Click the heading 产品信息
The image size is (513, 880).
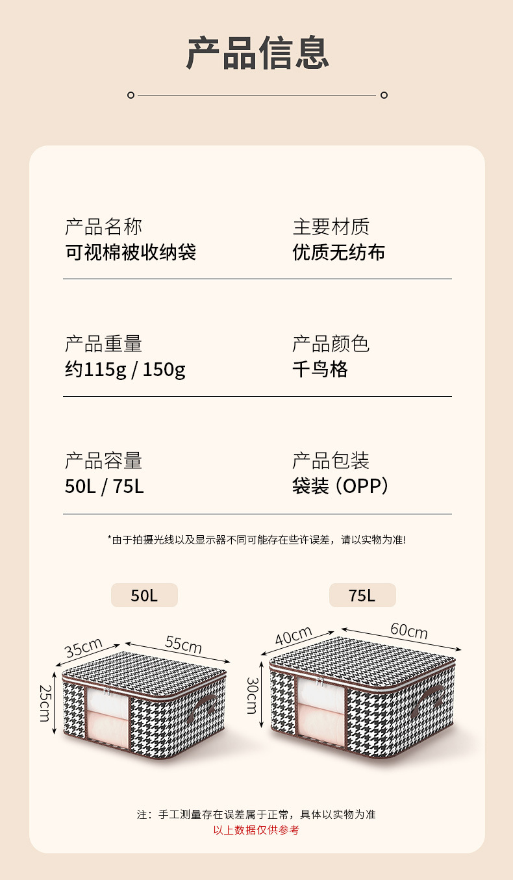coord(258,53)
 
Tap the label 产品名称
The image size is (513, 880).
coord(103,227)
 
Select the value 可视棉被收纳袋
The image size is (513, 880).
coord(131,252)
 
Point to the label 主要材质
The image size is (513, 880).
coord(331,227)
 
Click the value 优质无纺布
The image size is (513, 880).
coord(338,252)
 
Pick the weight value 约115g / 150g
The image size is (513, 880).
coord(125,370)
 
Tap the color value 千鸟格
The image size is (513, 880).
coord(320,369)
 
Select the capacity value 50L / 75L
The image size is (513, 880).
coord(104,486)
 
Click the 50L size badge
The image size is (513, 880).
coord(144,595)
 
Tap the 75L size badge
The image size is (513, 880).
coord(362,595)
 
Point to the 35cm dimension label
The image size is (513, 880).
coord(84,647)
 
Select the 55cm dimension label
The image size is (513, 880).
coord(183,644)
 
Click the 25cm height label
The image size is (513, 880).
coord(44,702)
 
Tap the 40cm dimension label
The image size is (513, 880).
coord(294,636)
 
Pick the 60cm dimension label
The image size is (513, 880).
coord(408,630)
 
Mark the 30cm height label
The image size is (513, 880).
coord(253,695)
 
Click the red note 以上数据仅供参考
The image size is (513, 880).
coord(256,830)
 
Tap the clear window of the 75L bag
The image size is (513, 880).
coord(321,708)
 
